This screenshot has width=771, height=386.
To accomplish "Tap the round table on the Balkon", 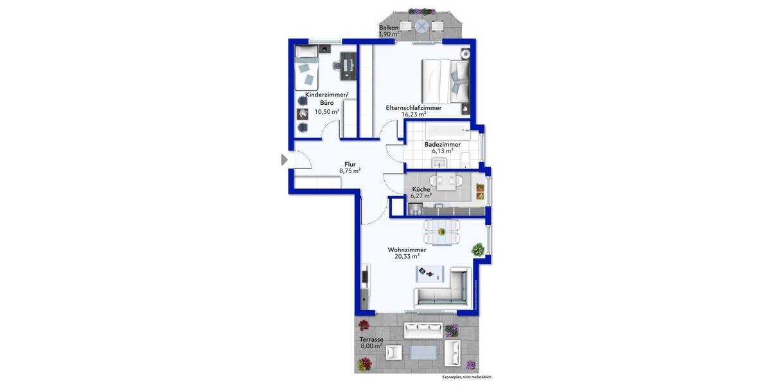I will coord(421,26).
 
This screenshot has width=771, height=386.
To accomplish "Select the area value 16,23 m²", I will coord(413,115).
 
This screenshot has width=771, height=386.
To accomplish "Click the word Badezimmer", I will coord(442,145).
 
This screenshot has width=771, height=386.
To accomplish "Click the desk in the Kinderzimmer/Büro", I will coord(348,65).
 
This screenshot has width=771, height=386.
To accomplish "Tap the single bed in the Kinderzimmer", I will coord(306,73).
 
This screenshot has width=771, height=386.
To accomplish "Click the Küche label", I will coord(421,189).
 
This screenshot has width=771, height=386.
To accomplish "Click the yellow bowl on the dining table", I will coord(441,232).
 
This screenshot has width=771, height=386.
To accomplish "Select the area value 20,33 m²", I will coord(407,255).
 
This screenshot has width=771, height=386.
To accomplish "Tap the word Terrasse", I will coord(371,338).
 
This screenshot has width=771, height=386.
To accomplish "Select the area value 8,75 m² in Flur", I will coord(350,171).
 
